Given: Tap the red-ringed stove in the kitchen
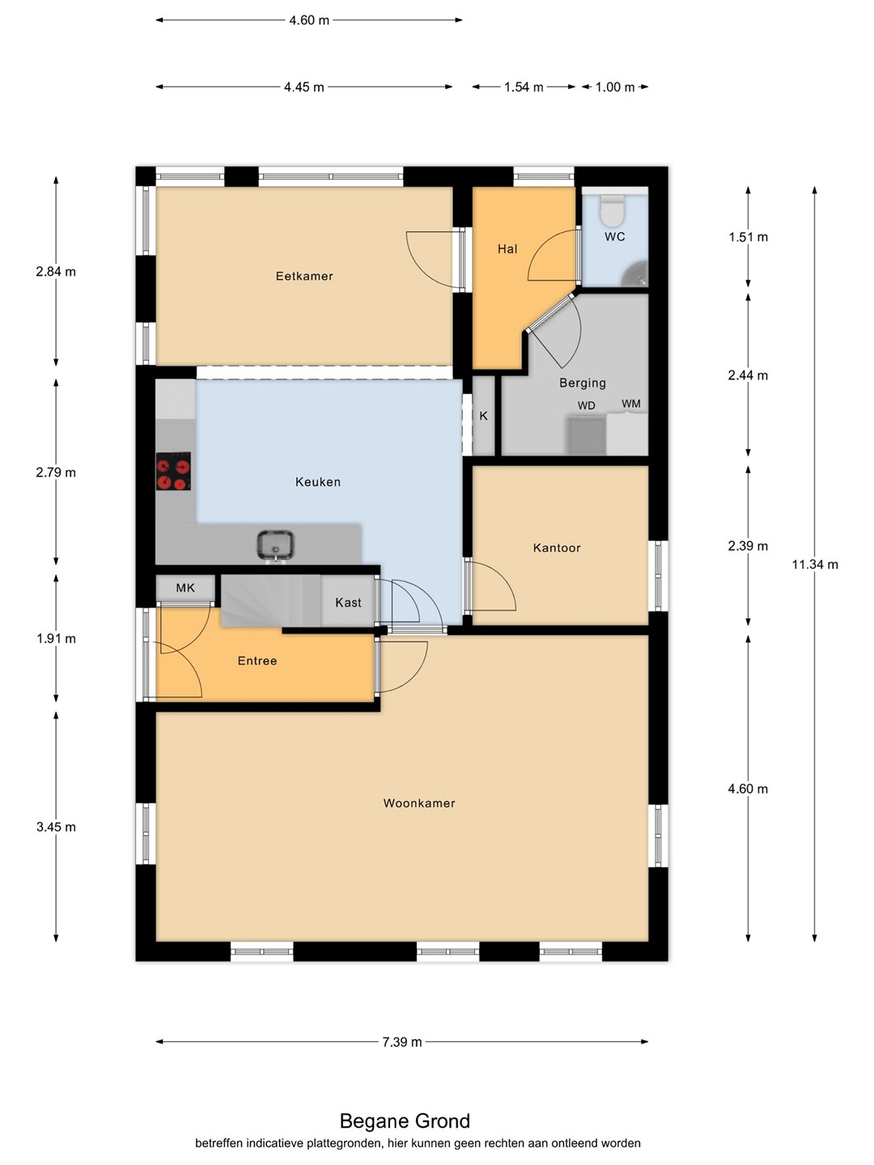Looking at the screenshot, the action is [173, 471].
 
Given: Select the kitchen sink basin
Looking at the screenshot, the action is [275, 545].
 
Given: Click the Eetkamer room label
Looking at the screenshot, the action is [304, 276].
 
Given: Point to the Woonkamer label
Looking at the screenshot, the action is [419, 803].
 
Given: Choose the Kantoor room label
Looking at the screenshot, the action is [557, 548].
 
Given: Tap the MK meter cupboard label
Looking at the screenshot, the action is [185, 587].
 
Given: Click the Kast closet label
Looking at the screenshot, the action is [348, 603].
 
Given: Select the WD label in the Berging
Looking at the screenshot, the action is [587, 405].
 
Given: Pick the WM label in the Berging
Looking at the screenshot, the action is [631, 404].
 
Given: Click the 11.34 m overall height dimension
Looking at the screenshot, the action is [815, 565].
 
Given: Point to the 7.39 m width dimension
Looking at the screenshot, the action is [402, 1042].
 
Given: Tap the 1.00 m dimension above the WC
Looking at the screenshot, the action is [615, 87].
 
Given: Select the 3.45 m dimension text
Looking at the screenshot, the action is [57, 827].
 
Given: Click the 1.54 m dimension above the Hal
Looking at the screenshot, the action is [524, 87].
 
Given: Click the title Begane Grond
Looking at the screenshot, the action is [405, 1121].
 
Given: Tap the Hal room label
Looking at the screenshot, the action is [507, 249].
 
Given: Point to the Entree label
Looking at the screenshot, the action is [257, 661].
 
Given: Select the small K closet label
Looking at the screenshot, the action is [483, 416].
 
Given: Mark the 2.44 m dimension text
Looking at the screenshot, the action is [749, 375].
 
